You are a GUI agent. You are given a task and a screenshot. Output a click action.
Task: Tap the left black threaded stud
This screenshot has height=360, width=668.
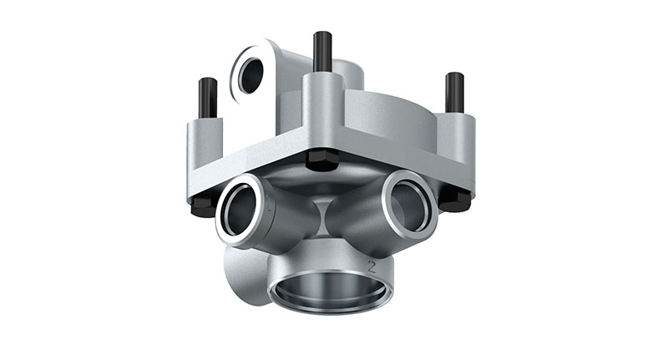tap(208, 98)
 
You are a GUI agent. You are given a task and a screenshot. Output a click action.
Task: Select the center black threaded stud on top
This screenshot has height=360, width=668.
tap(322, 52)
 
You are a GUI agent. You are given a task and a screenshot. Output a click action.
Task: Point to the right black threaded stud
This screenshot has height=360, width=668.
tap(454, 92)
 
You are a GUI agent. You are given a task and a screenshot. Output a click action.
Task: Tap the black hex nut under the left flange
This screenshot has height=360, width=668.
tap(203, 205)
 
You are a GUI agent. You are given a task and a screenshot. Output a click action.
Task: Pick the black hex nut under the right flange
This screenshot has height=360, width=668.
tap(455, 198)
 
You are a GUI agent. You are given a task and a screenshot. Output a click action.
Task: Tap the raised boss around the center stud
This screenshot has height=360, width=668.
tap(322, 104)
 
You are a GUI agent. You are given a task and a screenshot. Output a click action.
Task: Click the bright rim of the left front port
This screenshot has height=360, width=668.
tap(223, 221)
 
